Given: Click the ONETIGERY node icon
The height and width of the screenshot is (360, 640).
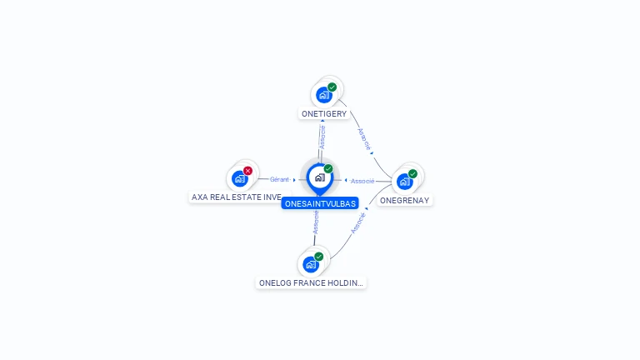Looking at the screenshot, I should (324, 95).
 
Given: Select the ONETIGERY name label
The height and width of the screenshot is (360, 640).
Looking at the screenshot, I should (324, 113).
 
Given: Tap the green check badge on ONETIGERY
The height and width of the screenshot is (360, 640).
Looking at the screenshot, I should (332, 87).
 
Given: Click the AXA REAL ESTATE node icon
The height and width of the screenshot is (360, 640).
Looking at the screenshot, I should (240, 178).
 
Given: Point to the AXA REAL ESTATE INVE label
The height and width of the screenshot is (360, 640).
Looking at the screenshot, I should (237, 197).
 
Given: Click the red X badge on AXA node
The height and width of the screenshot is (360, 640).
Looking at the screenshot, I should (248, 170).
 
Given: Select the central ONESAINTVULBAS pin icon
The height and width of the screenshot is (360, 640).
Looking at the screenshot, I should (319, 177).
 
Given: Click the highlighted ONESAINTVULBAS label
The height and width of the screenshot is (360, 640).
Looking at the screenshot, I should (320, 203).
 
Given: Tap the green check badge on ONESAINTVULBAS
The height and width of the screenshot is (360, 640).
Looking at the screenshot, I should (328, 168).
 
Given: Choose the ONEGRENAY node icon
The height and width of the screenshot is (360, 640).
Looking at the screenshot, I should (405, 182).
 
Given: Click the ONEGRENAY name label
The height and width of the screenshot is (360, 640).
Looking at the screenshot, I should (405, 200).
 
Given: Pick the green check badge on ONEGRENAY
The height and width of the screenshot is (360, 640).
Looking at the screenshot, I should (413, 173).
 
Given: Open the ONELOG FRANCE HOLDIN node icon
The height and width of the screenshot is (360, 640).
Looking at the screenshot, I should (311, 265).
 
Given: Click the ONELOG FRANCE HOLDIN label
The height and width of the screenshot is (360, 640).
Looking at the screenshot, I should (311, 283).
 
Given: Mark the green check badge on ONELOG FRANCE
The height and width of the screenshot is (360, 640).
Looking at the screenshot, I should (319, 257).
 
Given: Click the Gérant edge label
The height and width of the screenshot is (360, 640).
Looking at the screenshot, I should (279, 179).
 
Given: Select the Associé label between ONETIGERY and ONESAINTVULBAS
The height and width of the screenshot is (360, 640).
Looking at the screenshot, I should (322, 136).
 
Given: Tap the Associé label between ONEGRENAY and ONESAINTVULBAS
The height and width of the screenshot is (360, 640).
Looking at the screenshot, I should (362, 181).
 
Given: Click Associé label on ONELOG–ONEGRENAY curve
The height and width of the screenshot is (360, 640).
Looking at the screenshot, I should (358, 223).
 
